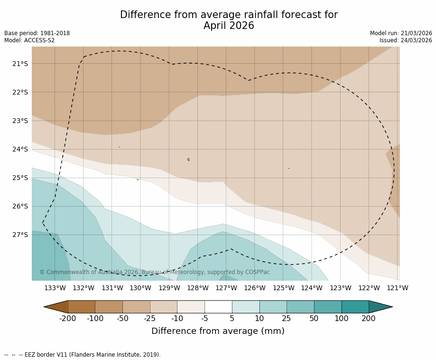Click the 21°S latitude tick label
(x=19, y=64)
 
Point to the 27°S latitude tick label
(x=19, y=235)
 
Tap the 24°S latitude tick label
(x=19, y=149)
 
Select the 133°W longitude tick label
(x=55, y=288)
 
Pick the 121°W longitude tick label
(x=398, y=288)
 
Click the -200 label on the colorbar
(x=68, y=319)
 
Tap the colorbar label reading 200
(x=369, y=319)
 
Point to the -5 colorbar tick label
(x=204, y=319)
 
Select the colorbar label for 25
(x=287, y=319)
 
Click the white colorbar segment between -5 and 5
(x=218, y=307)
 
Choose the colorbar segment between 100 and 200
(x=355, y=307)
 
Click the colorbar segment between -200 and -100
(x=81, y=307)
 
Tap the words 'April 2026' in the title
(x=229, y=26)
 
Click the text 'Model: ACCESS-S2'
(x=29, y=40)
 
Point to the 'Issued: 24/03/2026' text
(x=406, y=40)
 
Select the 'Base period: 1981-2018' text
(x=37, y=33)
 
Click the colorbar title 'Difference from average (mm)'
(x=218, y=331)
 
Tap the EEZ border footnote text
(x=83, y=355)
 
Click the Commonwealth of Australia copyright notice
(x=154, y=272)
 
